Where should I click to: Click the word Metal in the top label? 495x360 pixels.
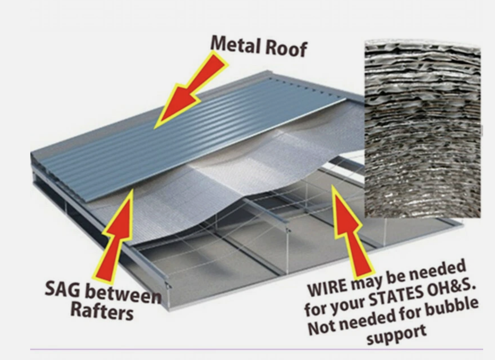pyautogui.click(x=234, y=44)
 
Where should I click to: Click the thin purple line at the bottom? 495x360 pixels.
pyautogui.click(x=256, y=349)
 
